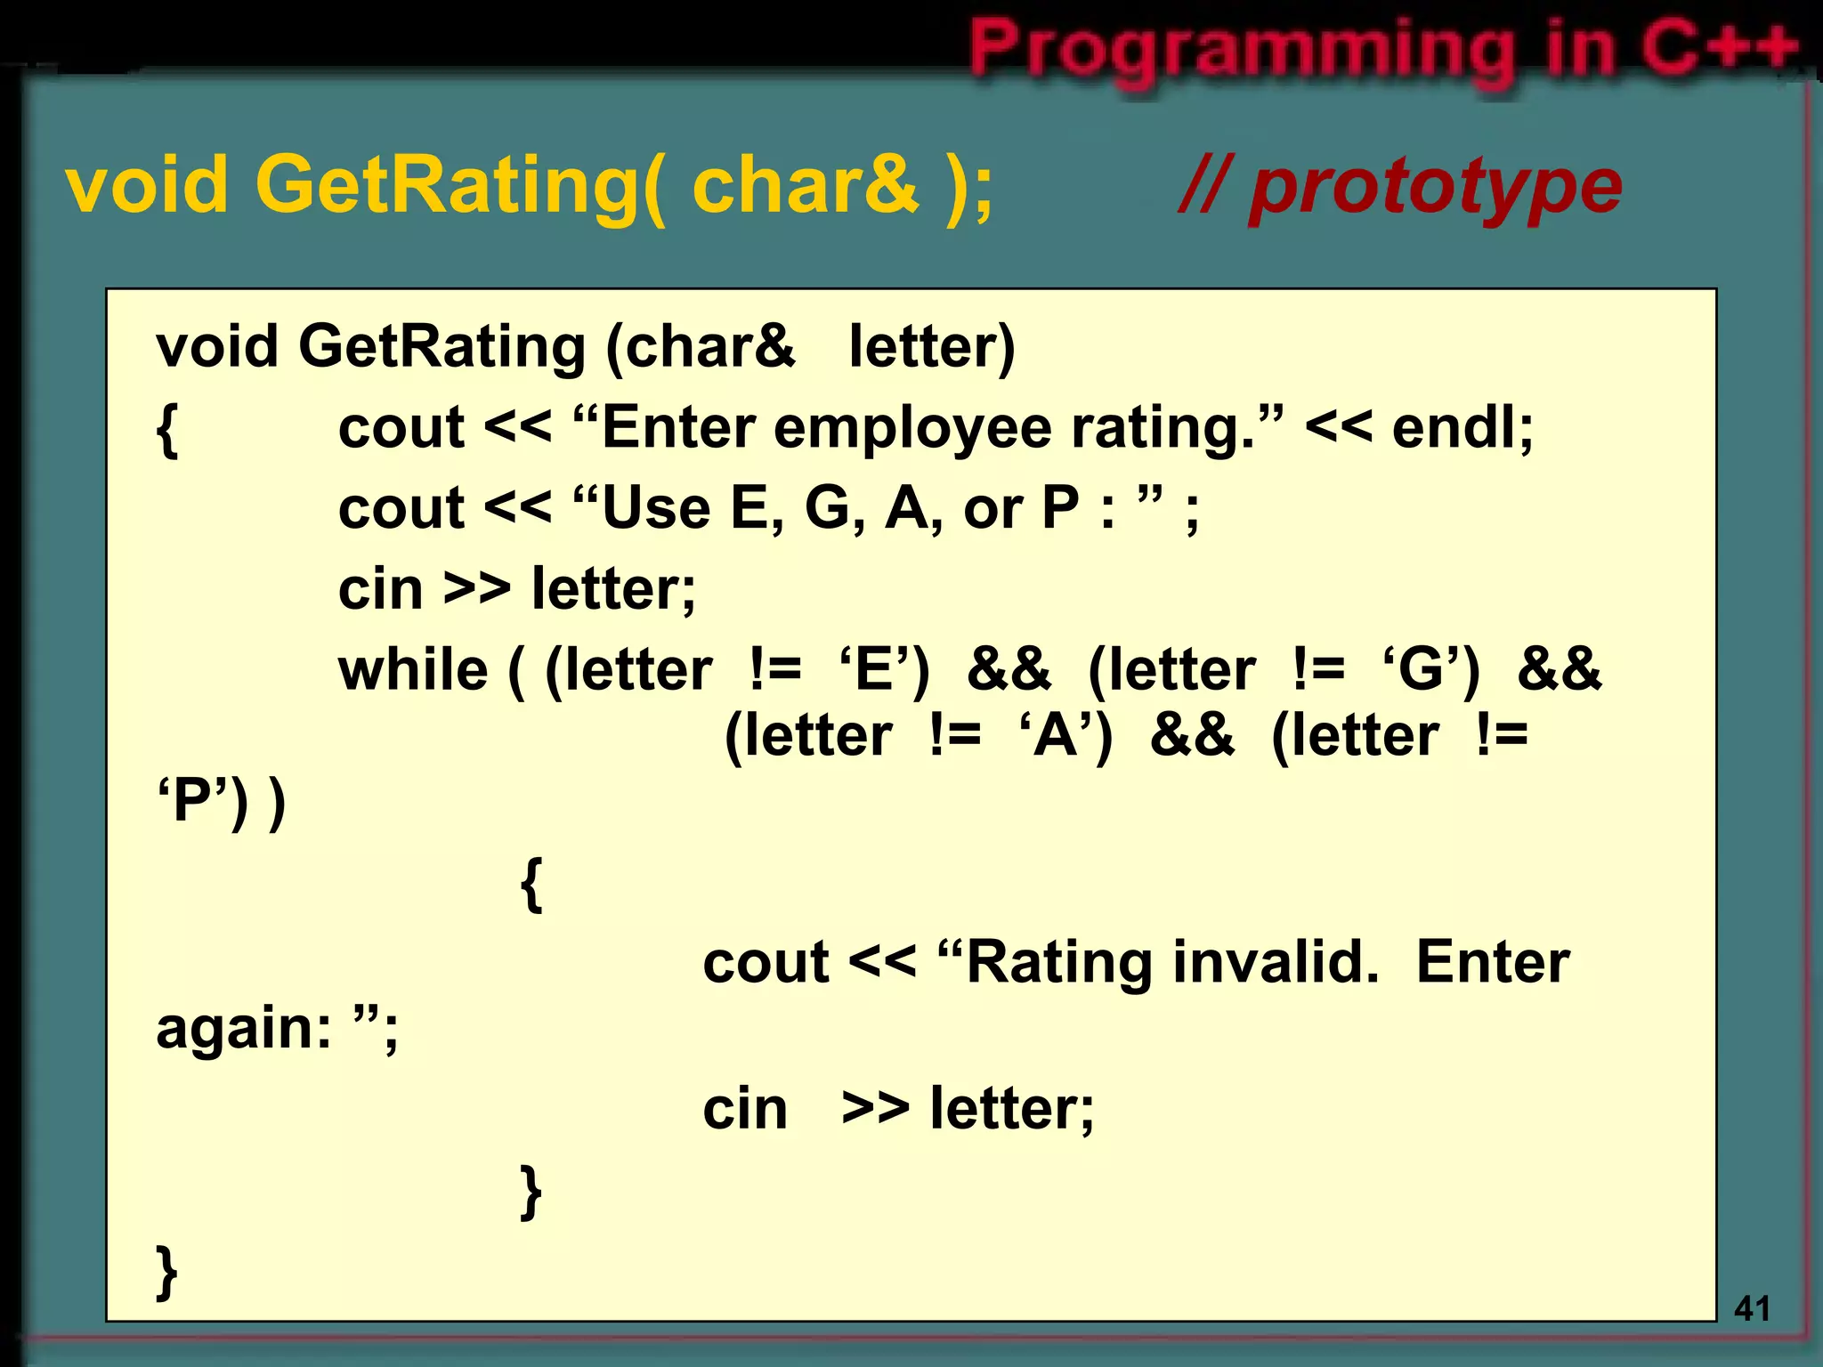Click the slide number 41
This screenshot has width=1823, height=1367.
coord(1752,1308)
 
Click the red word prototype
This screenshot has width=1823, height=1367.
coord(1435,187)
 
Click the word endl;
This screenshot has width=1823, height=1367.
coord(1462,427)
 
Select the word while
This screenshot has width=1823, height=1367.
coord(413,669)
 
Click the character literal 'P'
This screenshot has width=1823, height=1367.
coord(192,800)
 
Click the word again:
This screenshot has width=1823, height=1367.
coord(244,1029)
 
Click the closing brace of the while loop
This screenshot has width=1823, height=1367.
coord(531,1191)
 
